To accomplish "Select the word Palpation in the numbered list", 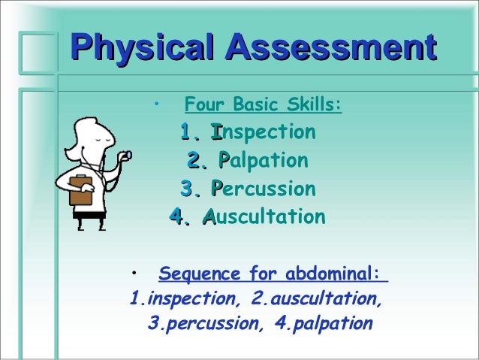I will pyautogui.click(x=262, y=161).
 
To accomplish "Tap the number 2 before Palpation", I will pyautogui.click(x=194, y=161).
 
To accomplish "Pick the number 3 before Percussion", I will pyautogui.click(x=187, y=189).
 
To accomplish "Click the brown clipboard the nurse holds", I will pyautogui.click(x=80, y=189).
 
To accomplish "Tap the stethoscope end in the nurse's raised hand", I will pyautogui.click(x=128, y=155).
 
